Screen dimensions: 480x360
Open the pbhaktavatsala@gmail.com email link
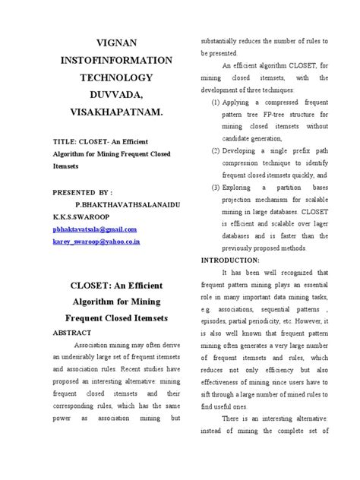pos(94,229)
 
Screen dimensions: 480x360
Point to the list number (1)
pos(216,101)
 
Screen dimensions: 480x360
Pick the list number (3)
pos(216,187)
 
